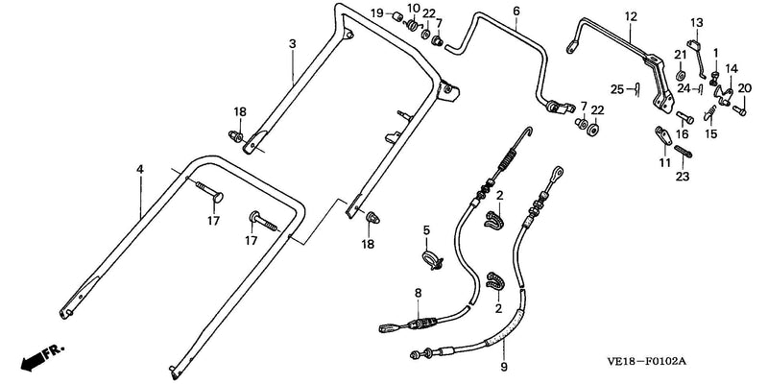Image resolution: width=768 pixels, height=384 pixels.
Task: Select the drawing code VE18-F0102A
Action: point(646,362)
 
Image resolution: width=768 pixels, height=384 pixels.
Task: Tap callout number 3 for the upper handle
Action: point(293,43)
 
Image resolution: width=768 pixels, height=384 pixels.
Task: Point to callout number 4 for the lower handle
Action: point(140,170)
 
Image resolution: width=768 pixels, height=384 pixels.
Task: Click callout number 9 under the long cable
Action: point(504,367)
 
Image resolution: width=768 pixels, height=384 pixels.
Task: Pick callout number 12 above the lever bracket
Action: point(631,16)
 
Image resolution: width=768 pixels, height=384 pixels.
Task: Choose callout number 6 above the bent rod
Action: point(516,11)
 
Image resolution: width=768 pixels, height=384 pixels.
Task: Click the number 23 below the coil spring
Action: point(683,177)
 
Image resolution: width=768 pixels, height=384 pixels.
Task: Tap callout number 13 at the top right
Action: point(697,22)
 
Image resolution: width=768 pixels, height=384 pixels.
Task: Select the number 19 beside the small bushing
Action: point(376,13)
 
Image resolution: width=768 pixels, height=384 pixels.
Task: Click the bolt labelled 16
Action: point(684,117)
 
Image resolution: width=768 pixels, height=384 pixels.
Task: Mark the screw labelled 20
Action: point(739,110)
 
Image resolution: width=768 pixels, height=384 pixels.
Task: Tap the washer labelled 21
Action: point(680,76)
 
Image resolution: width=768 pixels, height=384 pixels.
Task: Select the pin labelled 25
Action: point(637,89)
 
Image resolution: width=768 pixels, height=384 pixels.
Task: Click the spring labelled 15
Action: point(710,113)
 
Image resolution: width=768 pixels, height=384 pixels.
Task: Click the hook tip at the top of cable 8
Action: point(530,129)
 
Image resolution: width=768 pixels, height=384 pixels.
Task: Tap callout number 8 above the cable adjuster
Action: point(418,294)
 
